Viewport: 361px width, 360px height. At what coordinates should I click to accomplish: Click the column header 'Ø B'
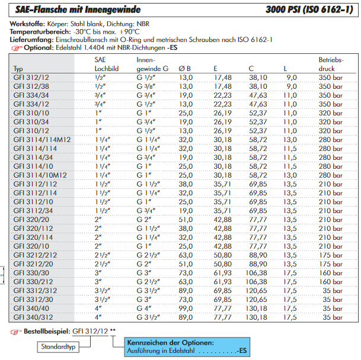[x=184, y=69]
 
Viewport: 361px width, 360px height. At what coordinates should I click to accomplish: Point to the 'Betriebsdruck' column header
[x=331, y=65]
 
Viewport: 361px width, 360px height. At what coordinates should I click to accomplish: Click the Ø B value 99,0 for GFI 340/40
[x=186, y=308]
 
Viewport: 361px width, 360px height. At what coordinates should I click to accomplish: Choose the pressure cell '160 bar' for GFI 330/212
[x=331, y=282]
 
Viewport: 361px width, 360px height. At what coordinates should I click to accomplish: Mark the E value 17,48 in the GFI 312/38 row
[x=223, y=86]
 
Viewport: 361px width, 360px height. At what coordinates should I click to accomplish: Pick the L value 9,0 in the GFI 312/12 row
[x=292, y=78]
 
